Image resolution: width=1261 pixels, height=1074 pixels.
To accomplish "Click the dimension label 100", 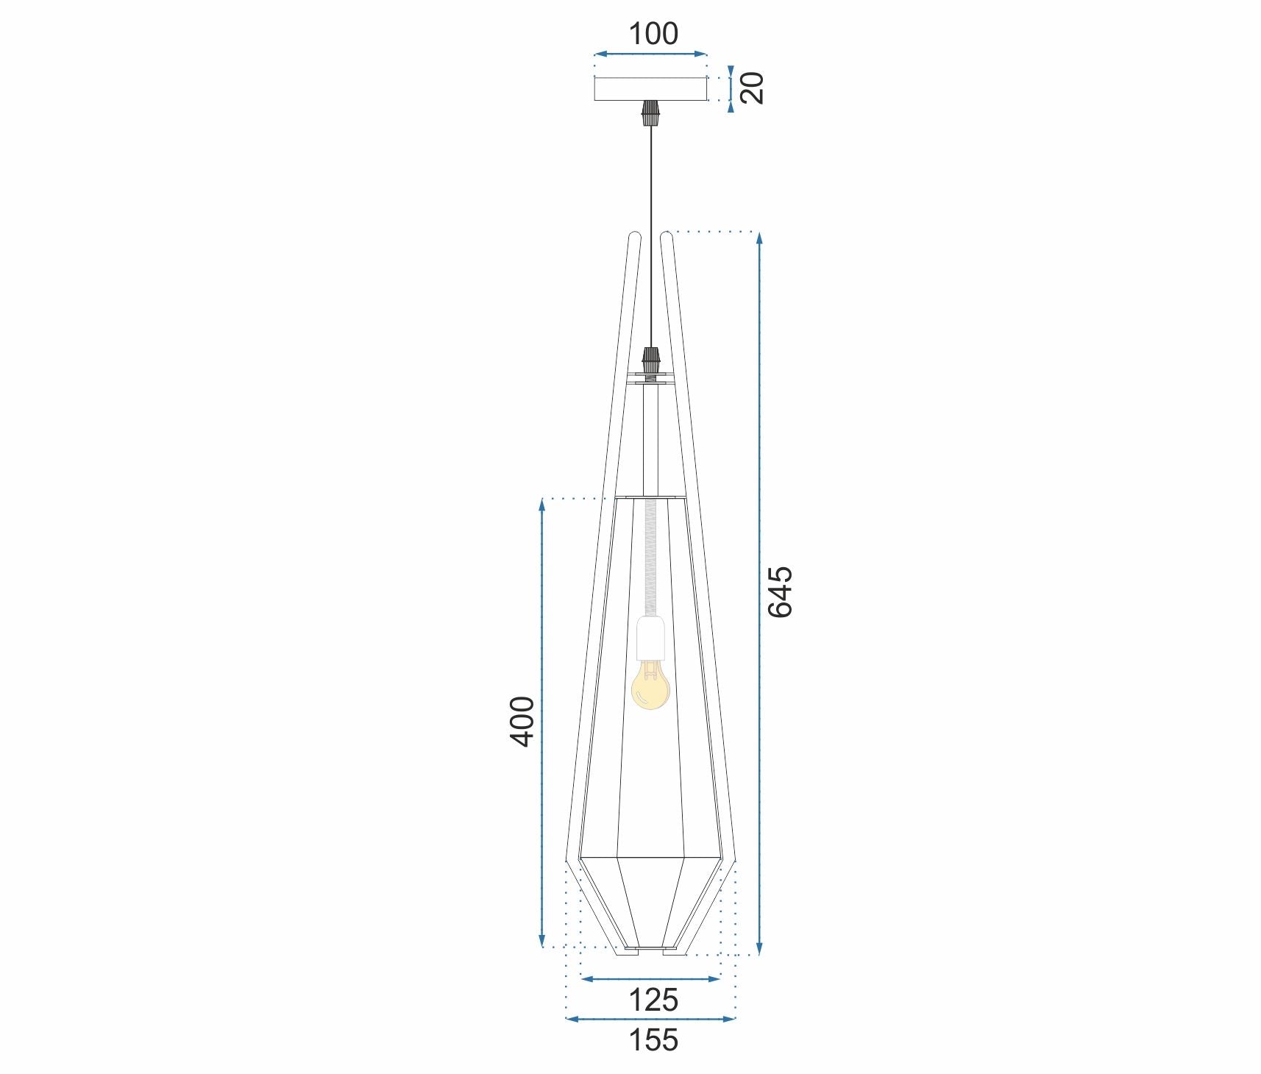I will tap(653, 34).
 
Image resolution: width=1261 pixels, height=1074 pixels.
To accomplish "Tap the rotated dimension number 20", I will tap(752, 88).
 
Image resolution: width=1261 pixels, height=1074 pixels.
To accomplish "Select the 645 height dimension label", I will tap(781, 591).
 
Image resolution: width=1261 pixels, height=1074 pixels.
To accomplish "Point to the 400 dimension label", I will tap(523, 721).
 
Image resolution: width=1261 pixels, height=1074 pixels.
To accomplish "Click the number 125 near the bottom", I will tap(653, 1000).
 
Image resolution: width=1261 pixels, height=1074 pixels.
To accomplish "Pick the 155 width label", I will tap(653, 1040).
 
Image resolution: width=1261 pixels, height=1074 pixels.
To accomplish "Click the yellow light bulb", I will tap(650, 686).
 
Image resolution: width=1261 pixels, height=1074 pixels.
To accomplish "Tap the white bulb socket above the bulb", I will tap(651, 637).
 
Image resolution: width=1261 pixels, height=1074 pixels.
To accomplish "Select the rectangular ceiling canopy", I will tap(650, 89).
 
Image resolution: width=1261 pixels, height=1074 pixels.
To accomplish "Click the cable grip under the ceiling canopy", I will tap(650, 113).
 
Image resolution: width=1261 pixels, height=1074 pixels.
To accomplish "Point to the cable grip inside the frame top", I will tap(650, 360).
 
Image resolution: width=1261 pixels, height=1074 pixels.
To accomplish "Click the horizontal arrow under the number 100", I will tap(650, 54).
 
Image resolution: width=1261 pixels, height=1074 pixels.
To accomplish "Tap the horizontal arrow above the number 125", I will tap(650, 978).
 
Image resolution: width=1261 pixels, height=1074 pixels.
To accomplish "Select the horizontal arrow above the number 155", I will tap(650, 1019).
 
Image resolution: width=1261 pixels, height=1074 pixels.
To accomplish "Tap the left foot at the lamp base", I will tap(627, 952).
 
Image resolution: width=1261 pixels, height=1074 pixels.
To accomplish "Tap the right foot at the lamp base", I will tap(675, 952).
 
